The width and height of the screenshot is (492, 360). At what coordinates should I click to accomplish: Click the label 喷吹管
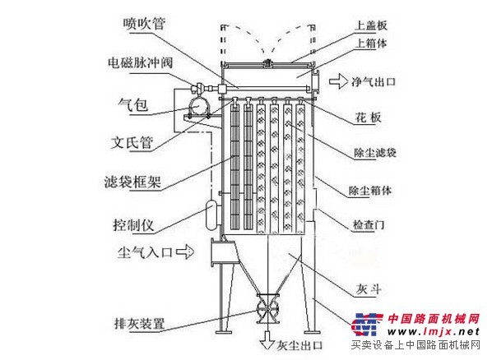144,24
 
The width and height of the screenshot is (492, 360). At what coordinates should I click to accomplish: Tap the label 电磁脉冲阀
140,62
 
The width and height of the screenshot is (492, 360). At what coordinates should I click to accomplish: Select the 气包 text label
133,104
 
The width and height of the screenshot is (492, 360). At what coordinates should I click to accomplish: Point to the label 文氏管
132,143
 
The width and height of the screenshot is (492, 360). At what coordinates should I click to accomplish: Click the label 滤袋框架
132,182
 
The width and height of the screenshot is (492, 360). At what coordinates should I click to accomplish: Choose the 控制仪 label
133,225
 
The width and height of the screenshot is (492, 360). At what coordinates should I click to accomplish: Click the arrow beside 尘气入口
185,252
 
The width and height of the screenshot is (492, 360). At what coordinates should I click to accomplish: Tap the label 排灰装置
139,323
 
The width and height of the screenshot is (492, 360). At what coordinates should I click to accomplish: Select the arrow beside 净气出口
339,81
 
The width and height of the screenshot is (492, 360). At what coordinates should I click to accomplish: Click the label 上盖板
371,25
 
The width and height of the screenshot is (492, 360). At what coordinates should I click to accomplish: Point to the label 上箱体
371,43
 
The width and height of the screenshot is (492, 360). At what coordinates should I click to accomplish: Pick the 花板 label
368,118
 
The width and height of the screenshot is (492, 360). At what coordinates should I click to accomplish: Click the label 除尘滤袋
375,153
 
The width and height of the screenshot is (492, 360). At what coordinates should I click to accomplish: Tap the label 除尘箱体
370,190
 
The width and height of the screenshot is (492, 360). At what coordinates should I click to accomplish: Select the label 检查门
369,224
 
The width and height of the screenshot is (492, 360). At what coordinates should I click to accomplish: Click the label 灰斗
369,288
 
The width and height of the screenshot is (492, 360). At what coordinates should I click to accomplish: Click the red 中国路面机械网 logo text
434,319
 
